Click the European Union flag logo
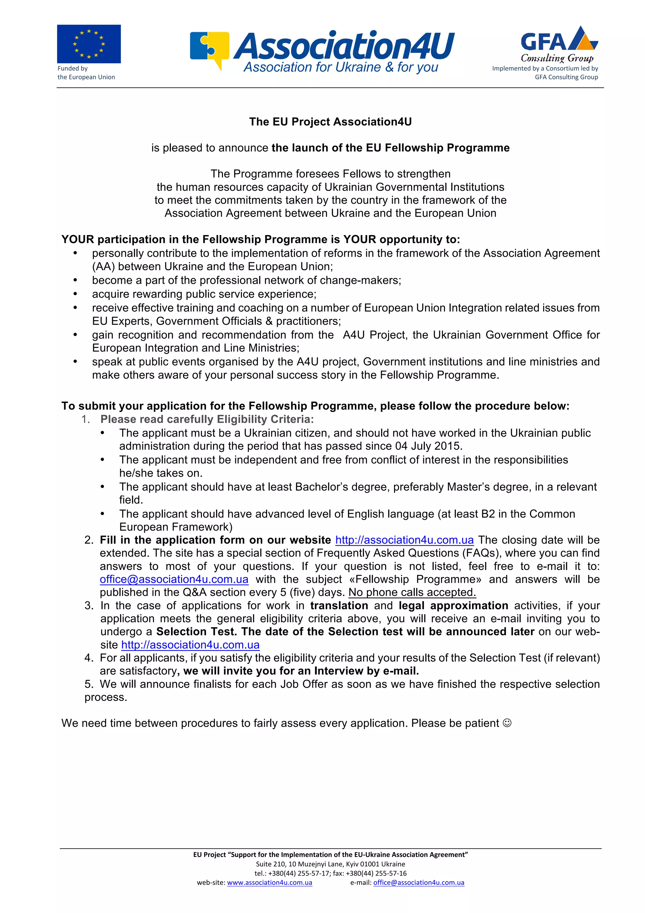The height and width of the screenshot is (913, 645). point(88,44)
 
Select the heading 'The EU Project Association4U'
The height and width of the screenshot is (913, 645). point(330,122)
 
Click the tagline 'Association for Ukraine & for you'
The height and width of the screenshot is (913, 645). point(340,67)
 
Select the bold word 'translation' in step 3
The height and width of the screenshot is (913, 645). point(339,606)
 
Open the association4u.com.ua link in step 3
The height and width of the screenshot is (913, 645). point(190,645)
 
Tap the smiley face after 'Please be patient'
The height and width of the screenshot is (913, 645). point(507,723)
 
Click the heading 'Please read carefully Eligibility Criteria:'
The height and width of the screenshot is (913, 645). point(207,420)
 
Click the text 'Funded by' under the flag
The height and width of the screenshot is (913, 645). point(72,68)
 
